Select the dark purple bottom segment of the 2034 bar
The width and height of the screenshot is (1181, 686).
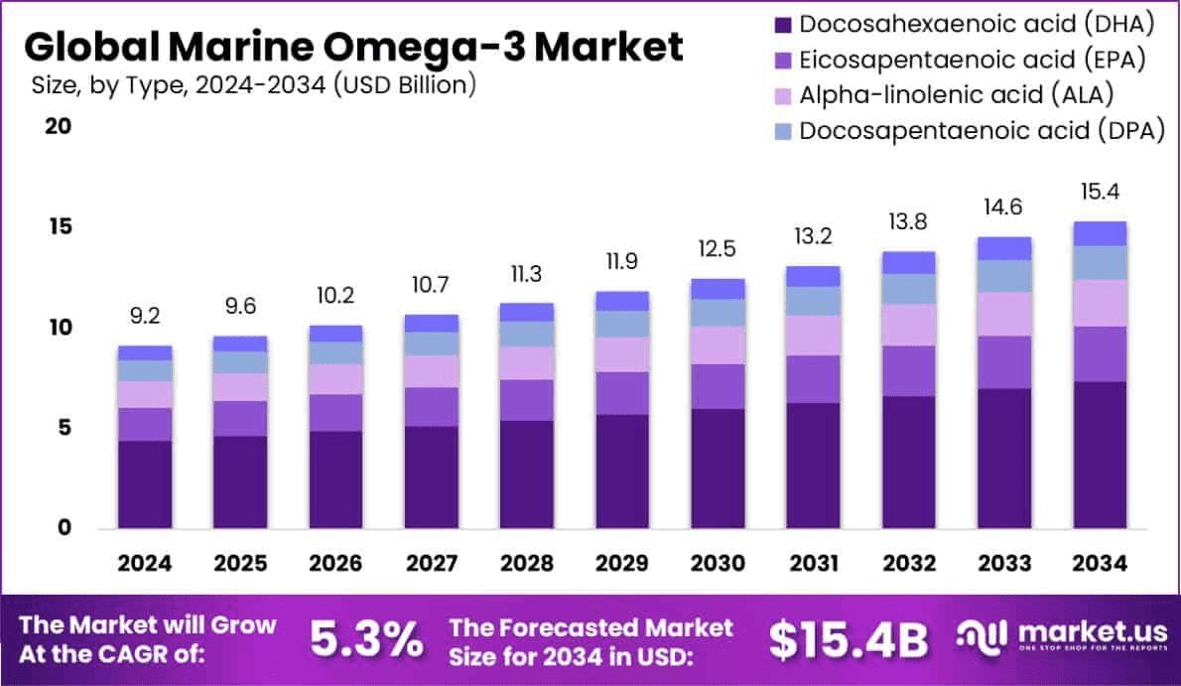[x=1099, y=454]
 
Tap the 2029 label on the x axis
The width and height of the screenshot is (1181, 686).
[x=622, y=563]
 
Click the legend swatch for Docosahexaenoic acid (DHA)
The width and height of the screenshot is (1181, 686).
[x=783, y=23]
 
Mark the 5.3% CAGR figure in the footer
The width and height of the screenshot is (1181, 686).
[x=366, y=640]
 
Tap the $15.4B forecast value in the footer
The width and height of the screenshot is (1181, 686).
[x=850, y=640]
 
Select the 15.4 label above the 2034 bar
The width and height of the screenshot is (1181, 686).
[x=1099, y=192]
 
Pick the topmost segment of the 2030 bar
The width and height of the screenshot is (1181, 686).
[x=718, y=289]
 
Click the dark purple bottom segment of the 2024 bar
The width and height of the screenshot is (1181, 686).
[x=145, y=483]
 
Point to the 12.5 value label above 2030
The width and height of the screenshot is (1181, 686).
[x=718, y=252]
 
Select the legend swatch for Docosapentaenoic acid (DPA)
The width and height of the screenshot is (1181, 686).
[x=783, y=131]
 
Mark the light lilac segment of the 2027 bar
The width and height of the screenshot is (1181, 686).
[x=431, y=371]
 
